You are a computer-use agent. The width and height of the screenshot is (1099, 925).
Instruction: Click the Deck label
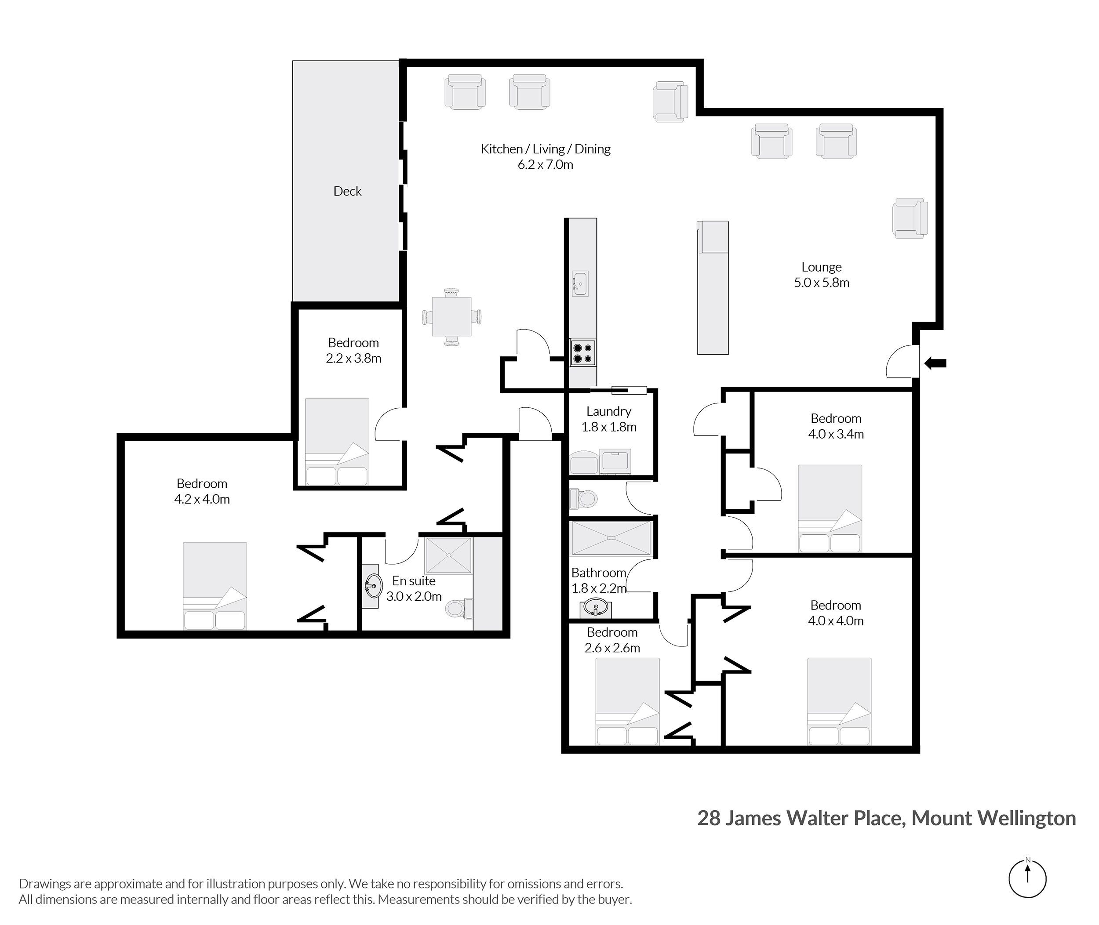[x=347, y=192]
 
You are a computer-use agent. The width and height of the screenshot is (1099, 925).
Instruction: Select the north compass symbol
[x=1027, y=879]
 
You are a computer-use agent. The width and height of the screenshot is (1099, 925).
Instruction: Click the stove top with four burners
[x=583, y=353]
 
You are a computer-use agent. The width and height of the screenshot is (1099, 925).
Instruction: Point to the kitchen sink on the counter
[x=580, y=283]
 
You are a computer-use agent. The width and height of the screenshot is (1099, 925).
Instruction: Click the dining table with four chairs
[x=451, y=316]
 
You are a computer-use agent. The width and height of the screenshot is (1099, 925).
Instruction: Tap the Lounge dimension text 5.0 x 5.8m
[x=821, y=283]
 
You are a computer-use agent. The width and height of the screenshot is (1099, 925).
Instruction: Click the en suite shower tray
[x=448, y=555]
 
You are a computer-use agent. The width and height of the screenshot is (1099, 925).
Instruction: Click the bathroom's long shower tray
[x=611, y=538]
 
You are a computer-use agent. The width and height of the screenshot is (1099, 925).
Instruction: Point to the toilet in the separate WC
[x=584, y=498]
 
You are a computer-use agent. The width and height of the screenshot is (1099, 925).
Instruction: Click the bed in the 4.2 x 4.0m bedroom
[x=215, y=585]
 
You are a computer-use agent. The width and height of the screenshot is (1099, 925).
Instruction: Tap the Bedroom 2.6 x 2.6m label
[x=612, y=640]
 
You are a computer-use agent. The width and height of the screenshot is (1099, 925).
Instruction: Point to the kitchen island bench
[x=713, y=288]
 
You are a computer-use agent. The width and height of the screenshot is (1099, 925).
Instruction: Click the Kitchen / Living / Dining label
[x=546, y=149]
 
